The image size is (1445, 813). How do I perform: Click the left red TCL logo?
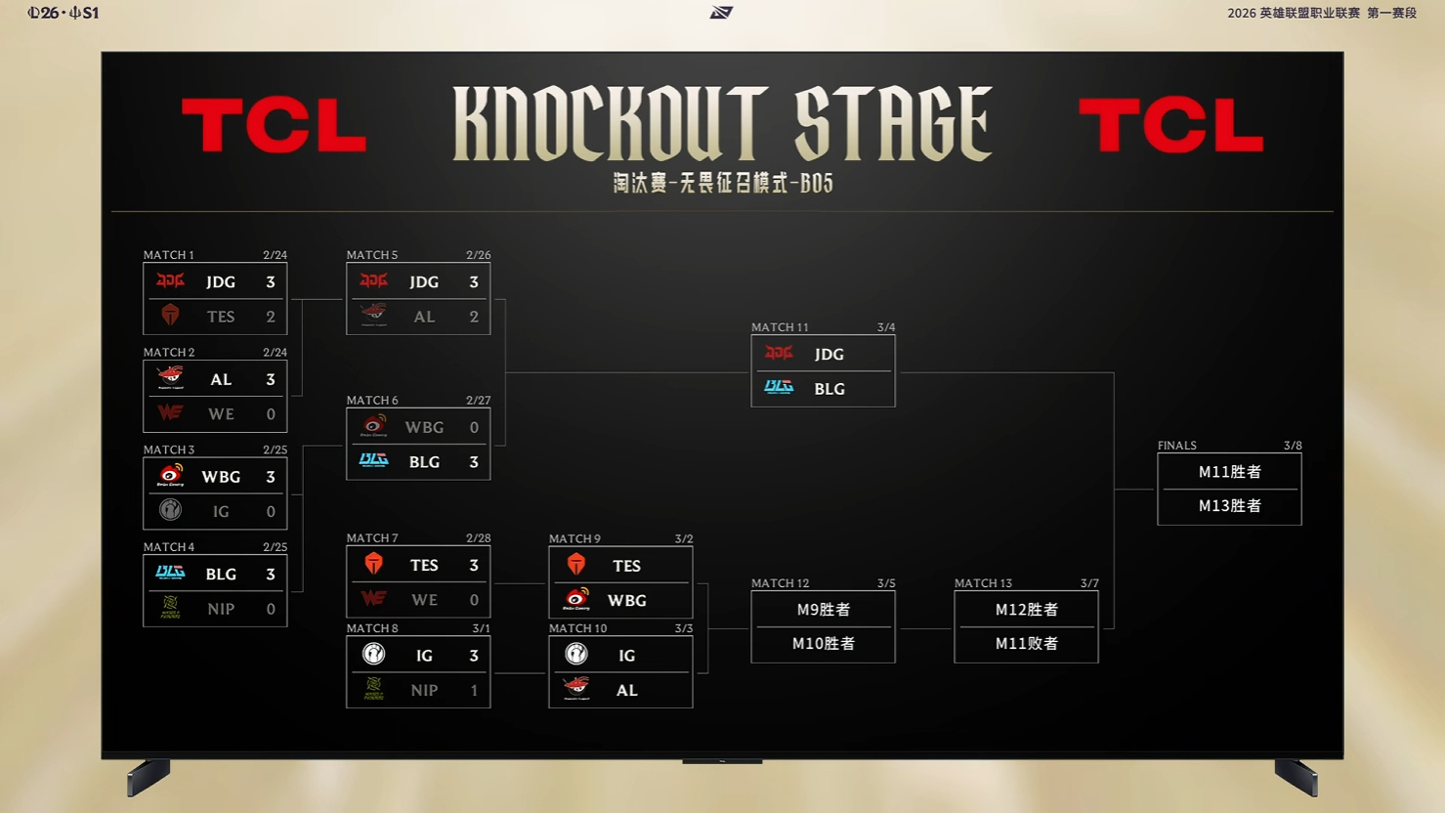274,126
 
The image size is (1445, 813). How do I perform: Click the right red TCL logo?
1170,126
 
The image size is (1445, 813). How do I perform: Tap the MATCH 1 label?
169,255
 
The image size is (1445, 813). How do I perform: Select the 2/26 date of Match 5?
478,255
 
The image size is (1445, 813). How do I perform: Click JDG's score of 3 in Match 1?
271,282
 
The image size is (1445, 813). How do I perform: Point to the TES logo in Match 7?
373,565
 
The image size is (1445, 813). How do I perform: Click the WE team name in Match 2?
221,414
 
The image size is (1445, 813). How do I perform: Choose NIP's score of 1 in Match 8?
474,690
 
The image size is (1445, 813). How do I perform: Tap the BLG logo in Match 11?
779,388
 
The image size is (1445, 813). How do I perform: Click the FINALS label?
1177,446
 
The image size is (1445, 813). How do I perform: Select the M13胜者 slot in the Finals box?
1229,506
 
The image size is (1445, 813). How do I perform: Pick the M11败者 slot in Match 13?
1026,644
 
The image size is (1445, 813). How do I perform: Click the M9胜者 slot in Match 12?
823,610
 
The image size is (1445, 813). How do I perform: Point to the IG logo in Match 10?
576,655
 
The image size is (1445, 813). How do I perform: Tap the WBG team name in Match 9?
627,601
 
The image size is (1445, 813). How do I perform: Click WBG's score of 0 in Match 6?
474,427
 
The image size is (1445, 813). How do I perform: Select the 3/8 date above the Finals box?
1293,446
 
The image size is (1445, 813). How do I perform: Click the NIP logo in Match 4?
171,608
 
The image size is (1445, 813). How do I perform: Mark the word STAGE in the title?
893,124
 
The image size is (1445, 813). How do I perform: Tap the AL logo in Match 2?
171,377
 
